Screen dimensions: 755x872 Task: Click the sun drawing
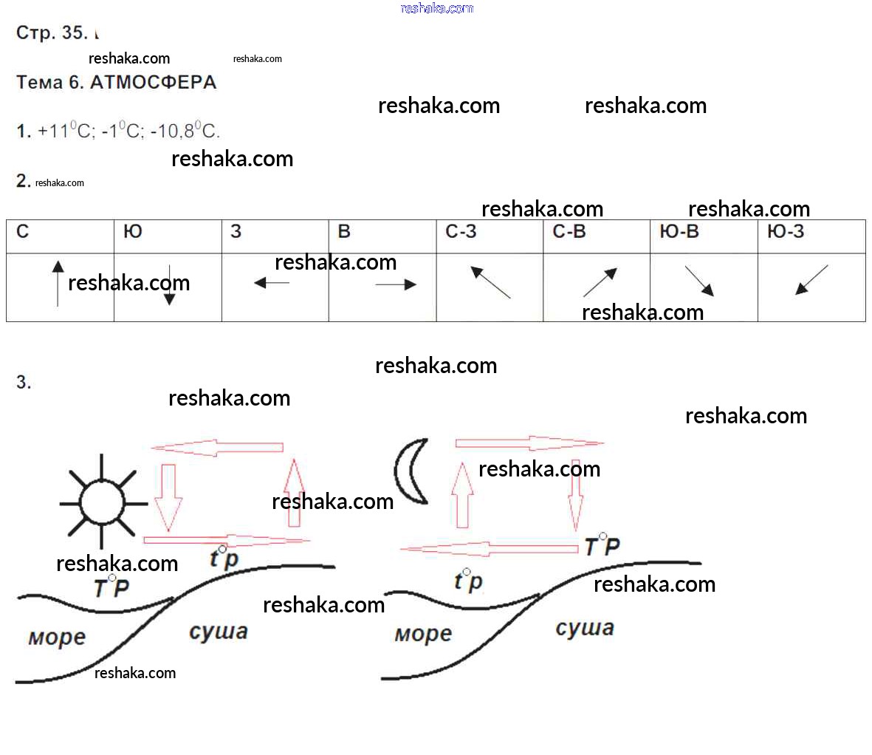click(x=103, y=501)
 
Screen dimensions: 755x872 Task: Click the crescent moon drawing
click(x=411, y=471)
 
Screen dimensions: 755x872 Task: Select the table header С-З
click(x=461, y=232)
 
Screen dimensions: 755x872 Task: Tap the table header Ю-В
click(x=679, y=232)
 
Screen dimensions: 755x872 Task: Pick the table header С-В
click(x=569, y=232)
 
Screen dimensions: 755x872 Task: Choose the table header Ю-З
click(x=786, y=232)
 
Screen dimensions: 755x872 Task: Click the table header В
click(x=344, y=232)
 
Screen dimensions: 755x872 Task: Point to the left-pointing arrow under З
click(x=272, y=282)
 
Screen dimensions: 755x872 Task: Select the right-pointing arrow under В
click(x=396, y=284)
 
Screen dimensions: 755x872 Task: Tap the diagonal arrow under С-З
click(x=490, y=283)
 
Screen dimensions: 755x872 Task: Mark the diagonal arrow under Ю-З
click(x=811, y=280)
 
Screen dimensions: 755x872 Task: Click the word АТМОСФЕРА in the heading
click(x=153, y=83)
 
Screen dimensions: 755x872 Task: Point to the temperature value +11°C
click(x=66, y=131)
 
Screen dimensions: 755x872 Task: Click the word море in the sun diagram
click(x=57, y=637)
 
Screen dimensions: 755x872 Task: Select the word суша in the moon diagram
click(x=585, y=628)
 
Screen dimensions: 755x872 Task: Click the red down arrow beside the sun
click(x=168, y=497)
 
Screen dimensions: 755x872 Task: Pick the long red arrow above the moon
click(x=529, y=443)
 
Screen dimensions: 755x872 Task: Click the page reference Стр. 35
click(x=52, y=33)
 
